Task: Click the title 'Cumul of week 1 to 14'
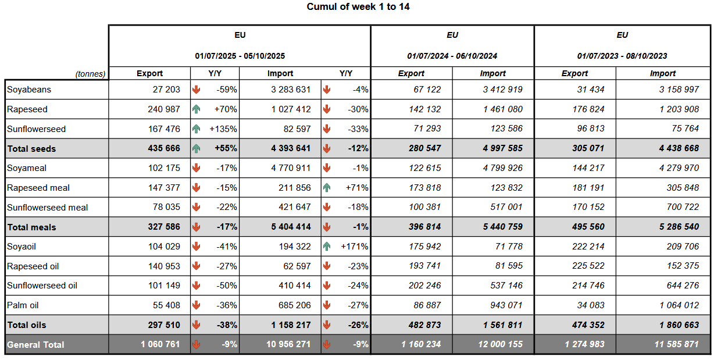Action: pyautogui.click(x=358, y=7)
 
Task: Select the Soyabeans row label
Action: pyautogui.click(x=29, y=90)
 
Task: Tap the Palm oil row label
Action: pyautogui.click(x=23, y=305)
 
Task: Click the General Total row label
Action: pyautogui.click(x=35, y=345)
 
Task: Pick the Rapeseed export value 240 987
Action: pyautogui.click(x=161, y=109)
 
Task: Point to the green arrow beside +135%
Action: pyautogui.click(x=197, y=129)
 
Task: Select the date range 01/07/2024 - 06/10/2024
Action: pyautogui.click(x=452, y=56)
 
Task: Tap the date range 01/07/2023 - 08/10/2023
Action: pyautogui.click(x=622, y=56)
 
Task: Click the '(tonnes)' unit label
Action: pyautogui.click(x=90, y=74)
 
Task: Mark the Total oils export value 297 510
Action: pyautogui.click(x=160, y=325)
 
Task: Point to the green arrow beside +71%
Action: pyautogui.click(x=327, y=188)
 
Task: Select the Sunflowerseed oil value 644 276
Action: pyautogui.click(x=679, y=286)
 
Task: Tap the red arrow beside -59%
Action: pyautogui.click(x=197, y=90)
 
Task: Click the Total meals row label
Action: pyautogui.click(x=31, y=227)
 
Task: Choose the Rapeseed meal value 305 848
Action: pyautogui.click(x=679, y=188)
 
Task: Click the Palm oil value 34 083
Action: pyautogui.click(x=588, y=305)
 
